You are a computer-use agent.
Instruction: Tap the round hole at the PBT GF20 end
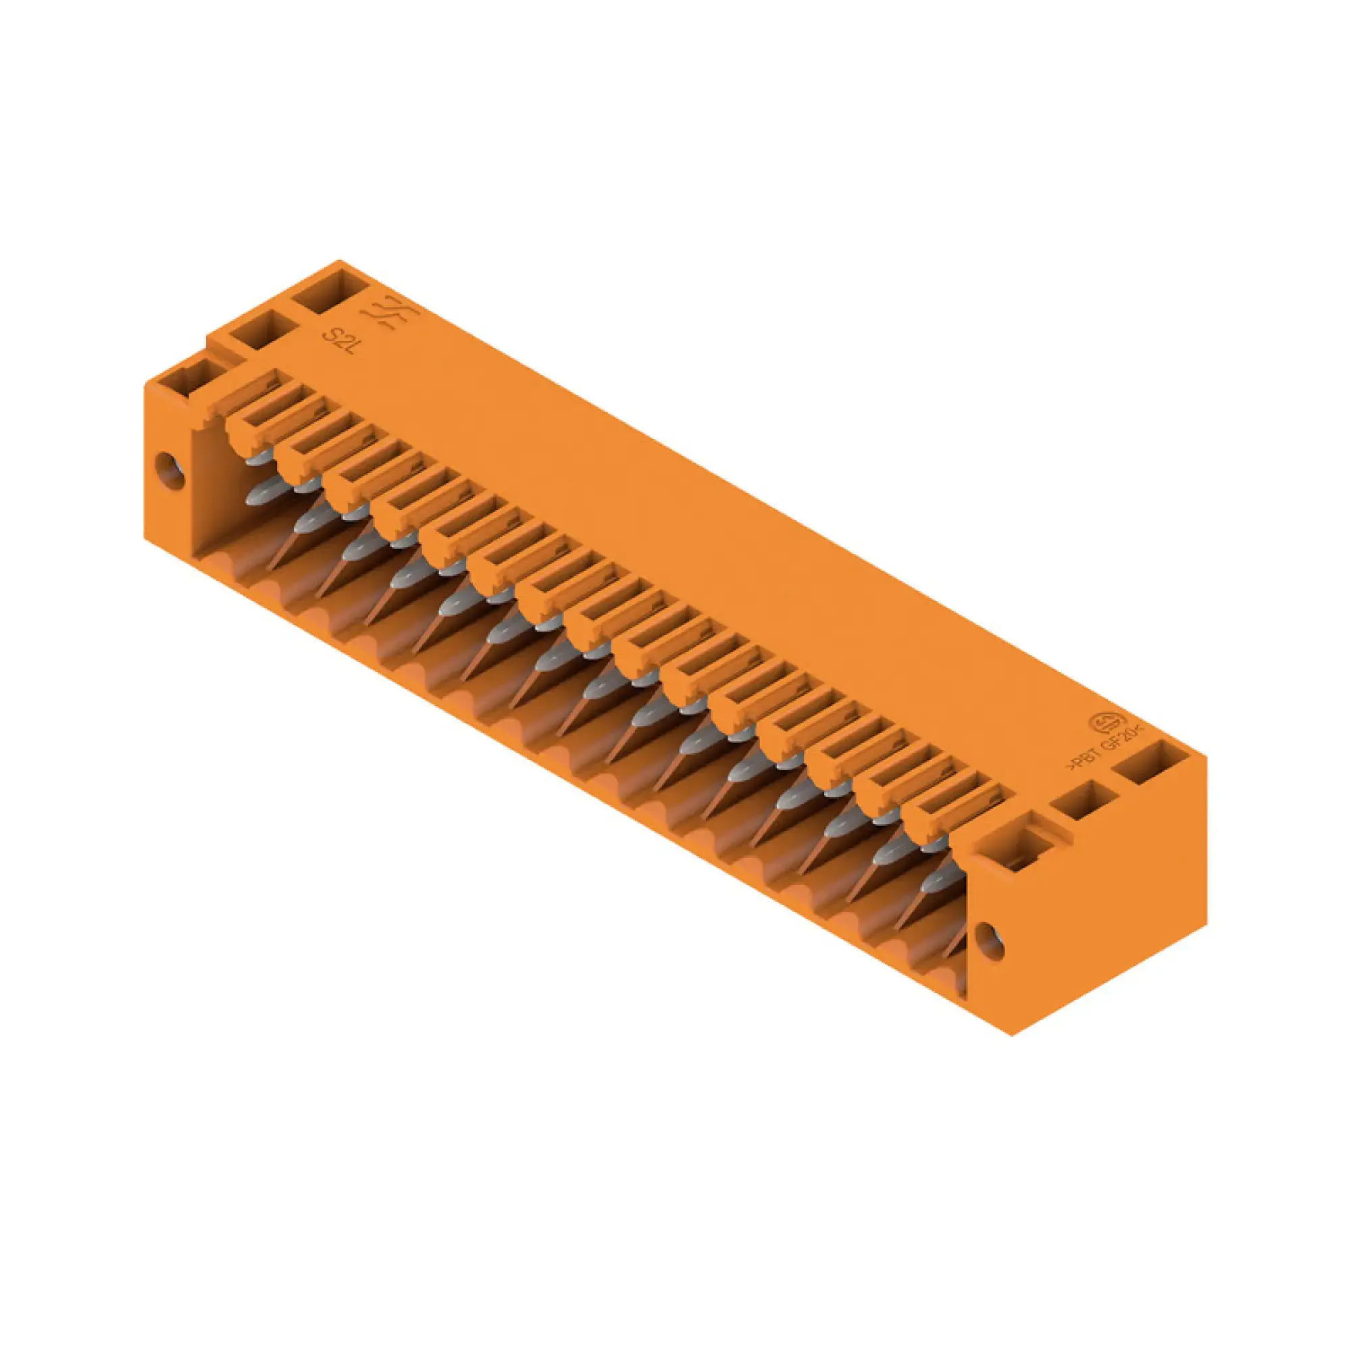click(989, 941)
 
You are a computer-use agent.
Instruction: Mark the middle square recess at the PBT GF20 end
click(1085, 801)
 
